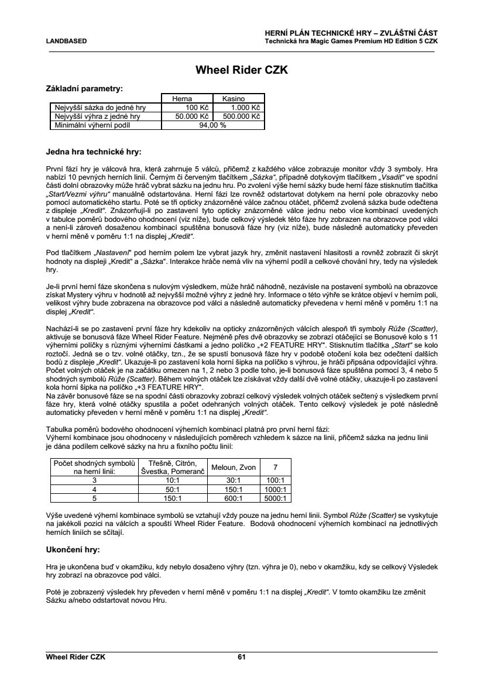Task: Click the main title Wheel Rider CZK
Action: point(242,71)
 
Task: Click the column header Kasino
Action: point(233,99)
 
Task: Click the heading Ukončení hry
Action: point(73,550)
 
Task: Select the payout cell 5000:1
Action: point(274,499)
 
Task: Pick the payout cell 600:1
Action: point(234,499)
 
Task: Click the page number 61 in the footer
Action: point(241,657)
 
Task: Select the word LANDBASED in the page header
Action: point(66,41)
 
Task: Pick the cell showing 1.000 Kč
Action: point(245,108)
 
